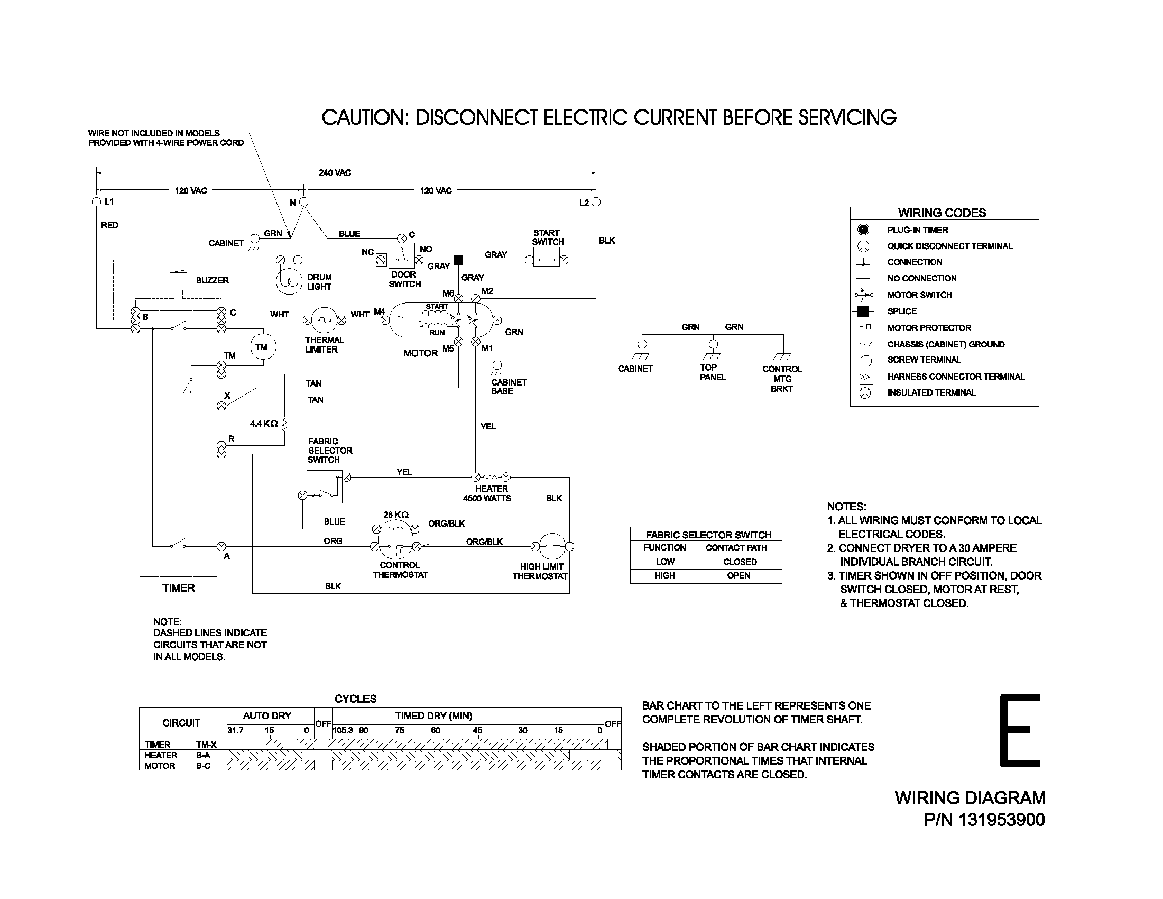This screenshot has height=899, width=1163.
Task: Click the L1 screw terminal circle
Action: [96, 202]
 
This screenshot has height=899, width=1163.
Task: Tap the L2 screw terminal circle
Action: [596, 202]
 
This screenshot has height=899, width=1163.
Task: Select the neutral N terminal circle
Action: [303, 202]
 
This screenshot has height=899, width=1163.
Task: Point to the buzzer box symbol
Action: [178, 281]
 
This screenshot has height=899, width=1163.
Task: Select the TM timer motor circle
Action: [261, 347]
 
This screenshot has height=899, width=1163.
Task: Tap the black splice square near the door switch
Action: [458, 260]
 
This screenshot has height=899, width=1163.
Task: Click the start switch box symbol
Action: [547, 259]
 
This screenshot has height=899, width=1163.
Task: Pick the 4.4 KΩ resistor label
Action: [264, 424]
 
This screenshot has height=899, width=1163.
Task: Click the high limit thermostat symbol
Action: [553, 546]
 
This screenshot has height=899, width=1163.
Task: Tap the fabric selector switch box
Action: [324, 487]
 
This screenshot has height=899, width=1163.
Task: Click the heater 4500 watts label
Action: [487, 494]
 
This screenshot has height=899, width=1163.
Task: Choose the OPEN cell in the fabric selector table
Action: [739, 576]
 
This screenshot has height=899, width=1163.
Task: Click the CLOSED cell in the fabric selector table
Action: [740, 562]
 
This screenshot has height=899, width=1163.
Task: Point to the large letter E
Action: [1020, 730]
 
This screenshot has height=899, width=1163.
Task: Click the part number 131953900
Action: [1002, 820]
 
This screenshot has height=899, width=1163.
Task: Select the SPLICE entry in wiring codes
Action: [902, 311]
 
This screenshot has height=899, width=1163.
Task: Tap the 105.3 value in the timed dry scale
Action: [343, 731]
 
